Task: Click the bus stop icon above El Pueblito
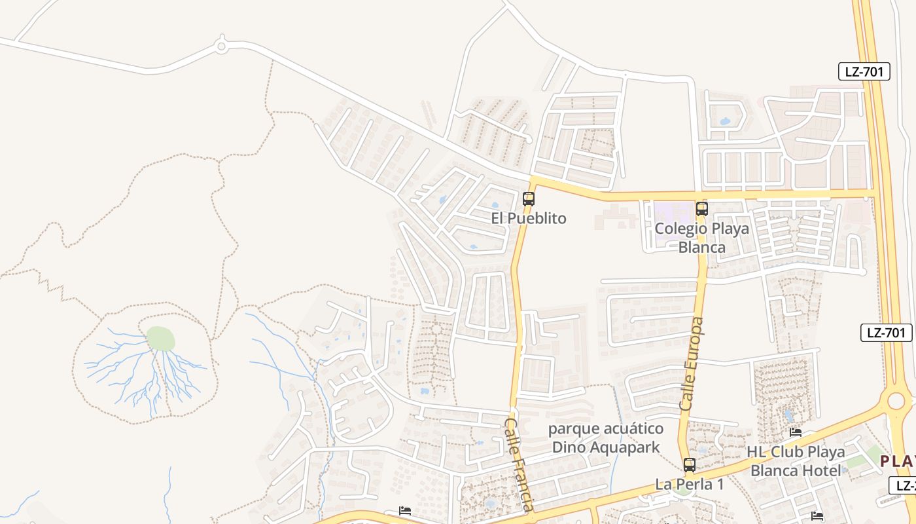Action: [x=529, y=198]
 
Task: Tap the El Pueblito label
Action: [x=529, y=218]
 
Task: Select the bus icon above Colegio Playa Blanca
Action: [x=702, y=209]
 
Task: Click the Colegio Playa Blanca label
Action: [x=701, y=238]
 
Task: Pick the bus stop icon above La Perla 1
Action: [x=690, y=465]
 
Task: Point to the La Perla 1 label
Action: [x=690, y=485]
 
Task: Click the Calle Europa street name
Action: [x=692, y=364]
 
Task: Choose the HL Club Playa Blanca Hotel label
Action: [x=796, y=461]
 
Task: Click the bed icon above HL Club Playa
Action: [x=796, y=432]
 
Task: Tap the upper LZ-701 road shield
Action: [x=864, y=71]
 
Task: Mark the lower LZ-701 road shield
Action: [x=886, y=333]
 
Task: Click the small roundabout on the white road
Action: [x=221, y=46]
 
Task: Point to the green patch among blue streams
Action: [x=160, y=339]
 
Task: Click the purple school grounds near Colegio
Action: [x=674, y=216]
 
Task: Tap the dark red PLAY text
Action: [x=897, y=460]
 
